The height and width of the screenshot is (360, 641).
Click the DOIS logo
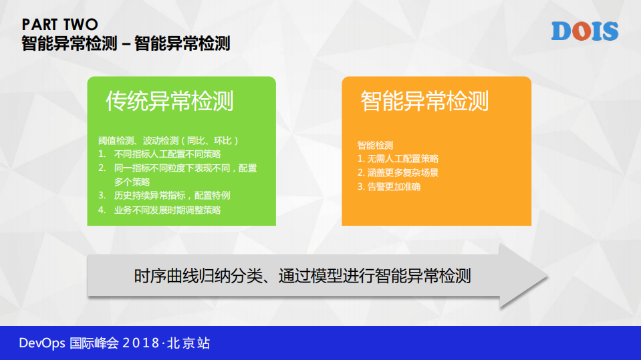tap(584, 31)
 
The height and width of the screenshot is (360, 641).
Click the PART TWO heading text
tap(60, 25)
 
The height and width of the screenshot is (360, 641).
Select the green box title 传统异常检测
tap(170, 101)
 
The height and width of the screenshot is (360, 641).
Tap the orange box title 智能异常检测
tap(424, 101)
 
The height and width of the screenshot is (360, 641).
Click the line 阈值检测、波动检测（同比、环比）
tap(168, 141)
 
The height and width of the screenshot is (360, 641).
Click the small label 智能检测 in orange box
tap(375, 145)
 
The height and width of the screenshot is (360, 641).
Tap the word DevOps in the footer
tap(42, 343)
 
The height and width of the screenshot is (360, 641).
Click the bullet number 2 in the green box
tap(102, 168)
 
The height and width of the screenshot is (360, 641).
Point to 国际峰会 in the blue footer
tap(94, 343)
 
